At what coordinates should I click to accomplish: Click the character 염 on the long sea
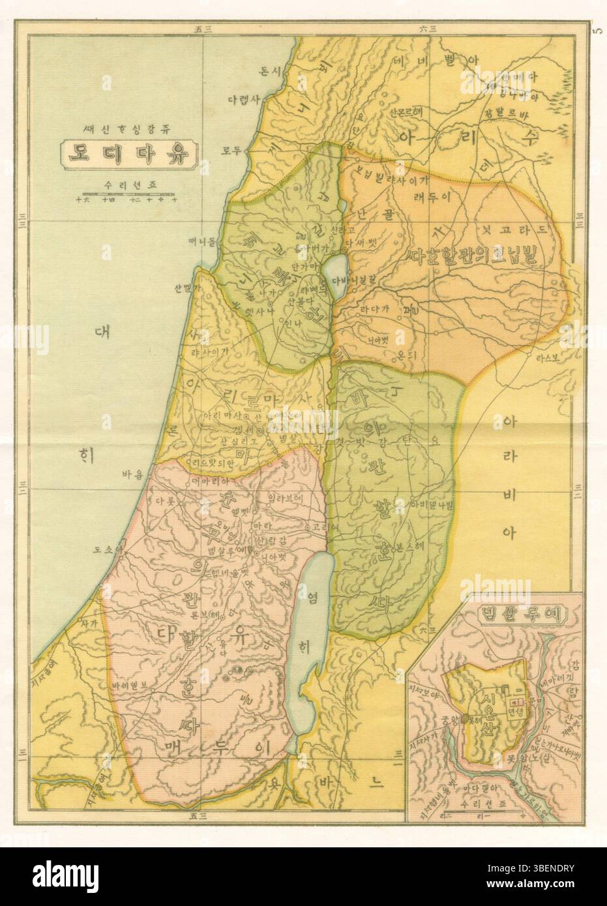pos(311,598)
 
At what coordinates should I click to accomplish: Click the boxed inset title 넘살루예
pos(522,613)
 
